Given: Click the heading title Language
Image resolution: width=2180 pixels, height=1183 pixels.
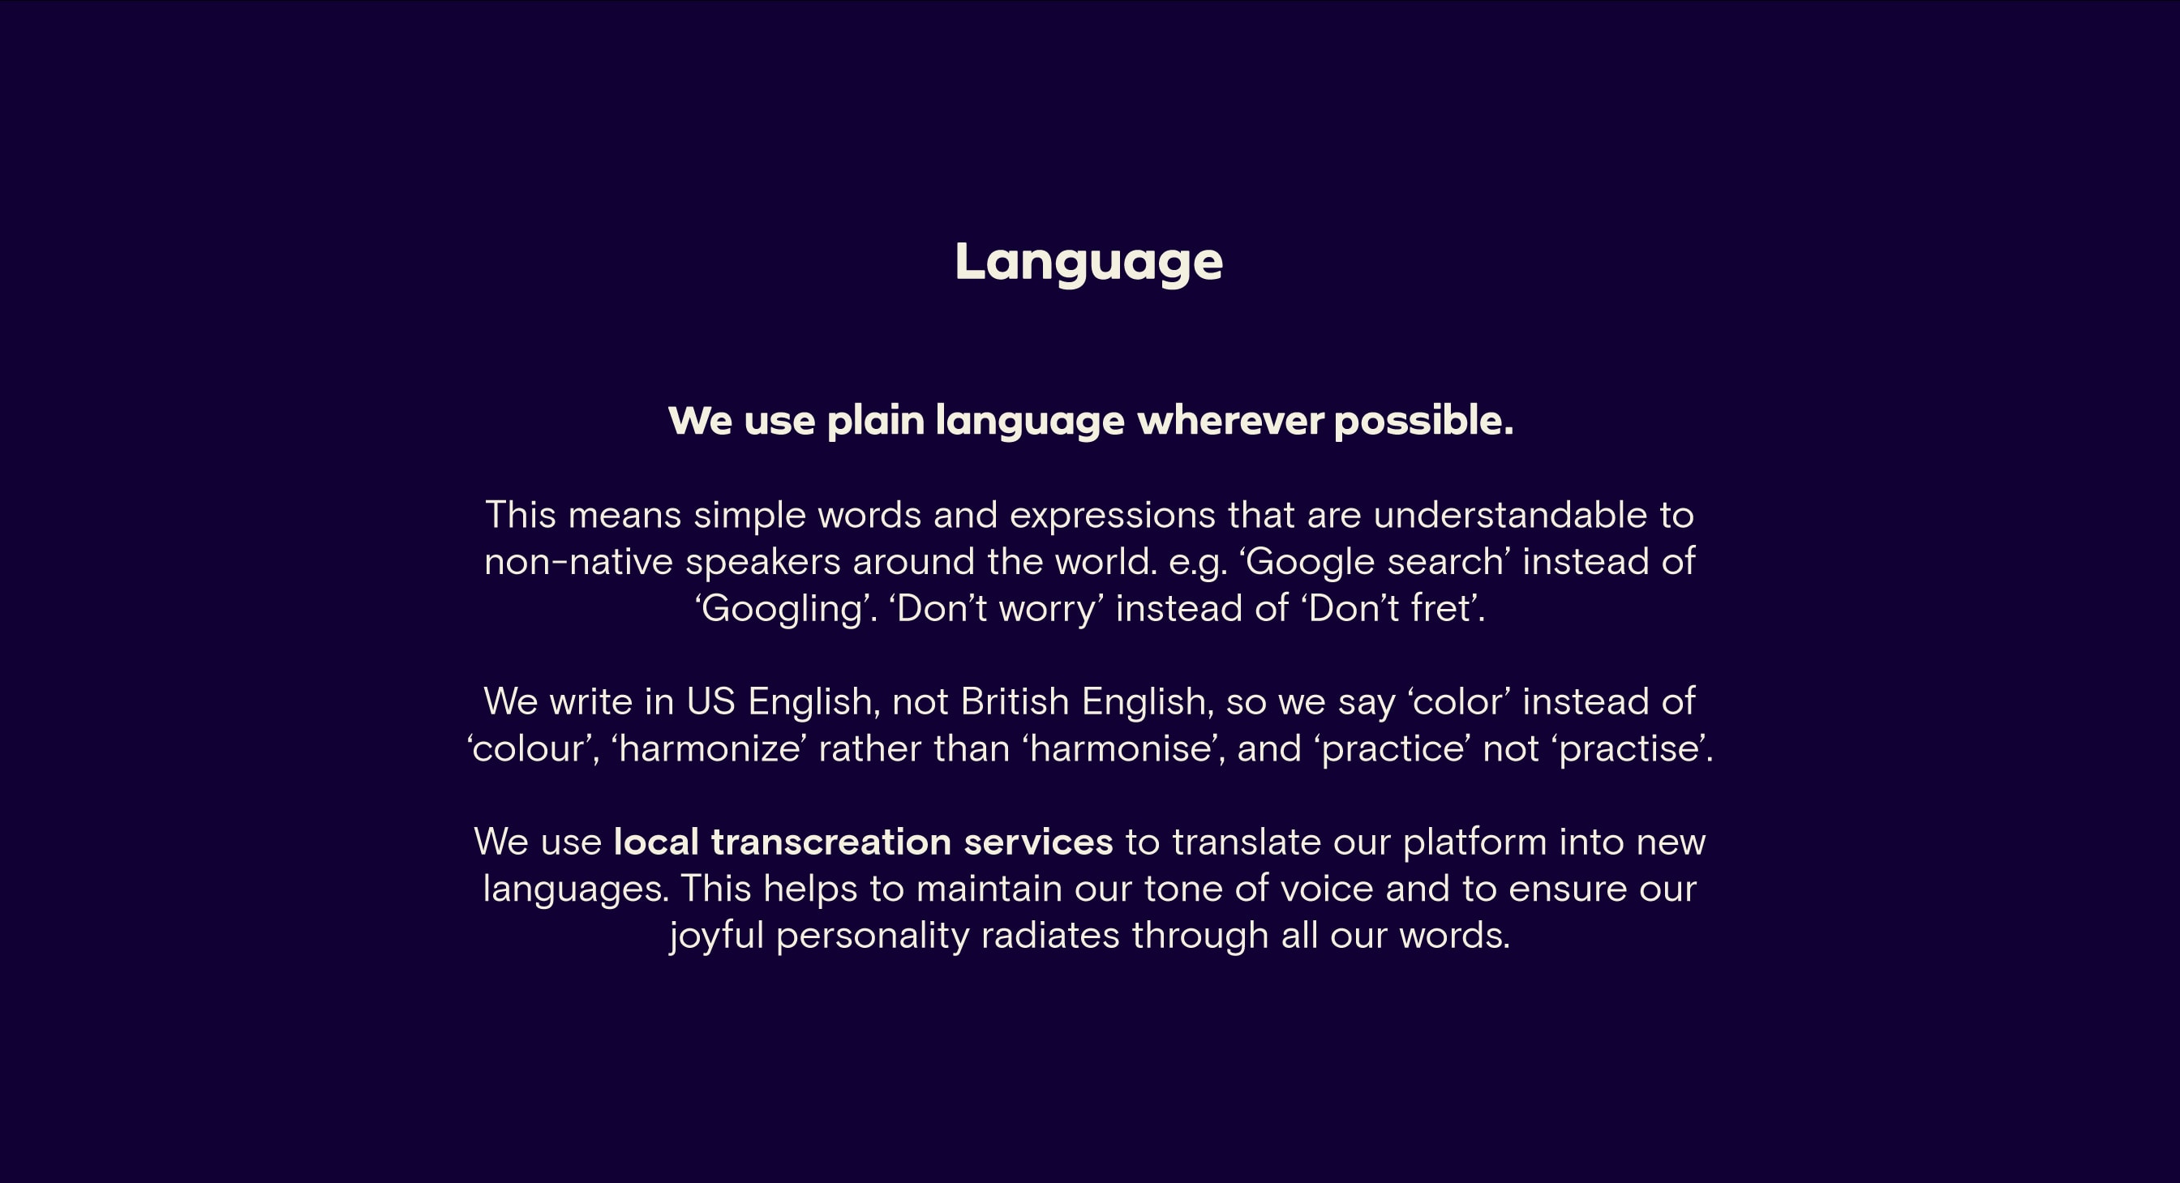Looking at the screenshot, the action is click(x=1088, y=263).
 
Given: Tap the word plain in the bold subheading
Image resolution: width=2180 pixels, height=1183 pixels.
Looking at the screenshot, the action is click(x=875, y=422).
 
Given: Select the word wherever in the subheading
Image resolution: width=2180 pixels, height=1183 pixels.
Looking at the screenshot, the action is click(x=1230, y=421).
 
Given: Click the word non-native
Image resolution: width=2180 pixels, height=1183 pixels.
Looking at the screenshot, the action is click(x=578, y=562).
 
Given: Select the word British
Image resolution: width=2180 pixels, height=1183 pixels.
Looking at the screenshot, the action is click(x=1015, y=701).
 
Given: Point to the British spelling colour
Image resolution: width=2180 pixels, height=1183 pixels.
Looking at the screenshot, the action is click(x=529, y=749).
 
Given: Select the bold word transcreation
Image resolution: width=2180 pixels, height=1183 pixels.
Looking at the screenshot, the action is click(x=831, y=842).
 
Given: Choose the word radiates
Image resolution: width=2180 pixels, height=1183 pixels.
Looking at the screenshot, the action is click(x=1050, y=936).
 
